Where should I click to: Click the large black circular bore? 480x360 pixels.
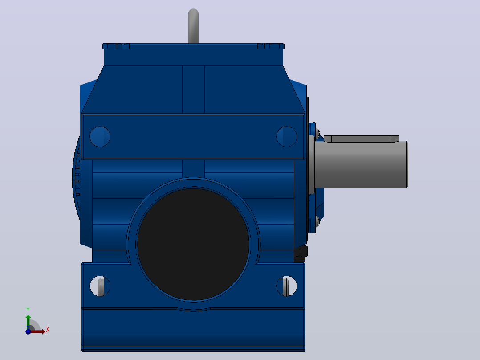pyautogui.click(x=193, y=244)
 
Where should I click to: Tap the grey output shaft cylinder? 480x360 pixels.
pyautogui.click(x=361, y=164)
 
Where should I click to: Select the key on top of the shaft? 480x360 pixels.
pyautogui.click(x=361, y=139)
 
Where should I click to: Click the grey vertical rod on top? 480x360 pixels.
pyautogui.click(x=193, y=26)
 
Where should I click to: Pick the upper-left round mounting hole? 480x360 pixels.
pyautogui.click(x=100, y=136)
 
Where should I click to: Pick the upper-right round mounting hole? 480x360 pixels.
pyautogui.click(x=287, y=136)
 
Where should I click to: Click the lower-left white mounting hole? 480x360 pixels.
pyautogui.click(x=100, y=286)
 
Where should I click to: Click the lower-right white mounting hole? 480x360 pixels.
pyautogui.click(x=287, y=286)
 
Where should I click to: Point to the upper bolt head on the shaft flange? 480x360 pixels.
pyautogui.click(x=318, y=134)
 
